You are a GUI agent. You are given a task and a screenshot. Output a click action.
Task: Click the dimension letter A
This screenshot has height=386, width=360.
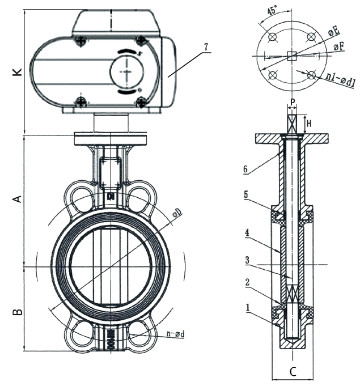pyautogui.click(x=17, y=199)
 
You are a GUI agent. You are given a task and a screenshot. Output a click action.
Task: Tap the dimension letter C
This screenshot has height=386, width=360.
pyautogui.click(x=293, y=373)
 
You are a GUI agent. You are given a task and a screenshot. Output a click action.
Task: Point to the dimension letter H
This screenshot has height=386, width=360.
pyautogui.click(x=310, y=122)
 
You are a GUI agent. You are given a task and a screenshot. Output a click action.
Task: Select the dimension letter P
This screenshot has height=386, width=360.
pyautogui.click(x=293, y=103)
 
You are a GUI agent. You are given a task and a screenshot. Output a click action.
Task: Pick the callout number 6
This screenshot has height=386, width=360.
pyautogui.click(x=245, y=168)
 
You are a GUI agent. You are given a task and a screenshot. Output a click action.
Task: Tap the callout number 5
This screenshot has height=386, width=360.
pyautogui.click(x=245, y=194)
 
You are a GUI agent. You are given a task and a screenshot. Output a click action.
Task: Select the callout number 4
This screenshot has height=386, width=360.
pyautogui.click(x=245, y=232)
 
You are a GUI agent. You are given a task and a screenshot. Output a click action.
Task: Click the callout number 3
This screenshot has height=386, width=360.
pyautogui.click(x=245, y=260)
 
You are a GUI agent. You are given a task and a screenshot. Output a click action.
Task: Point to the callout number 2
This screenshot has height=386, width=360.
pyautogui.click(x=245, y=282)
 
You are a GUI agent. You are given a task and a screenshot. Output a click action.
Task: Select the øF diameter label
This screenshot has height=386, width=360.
pyautogui.click(x=338, y=47)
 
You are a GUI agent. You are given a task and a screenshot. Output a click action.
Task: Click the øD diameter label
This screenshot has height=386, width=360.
pyautogui.click(x=177, y=214)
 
